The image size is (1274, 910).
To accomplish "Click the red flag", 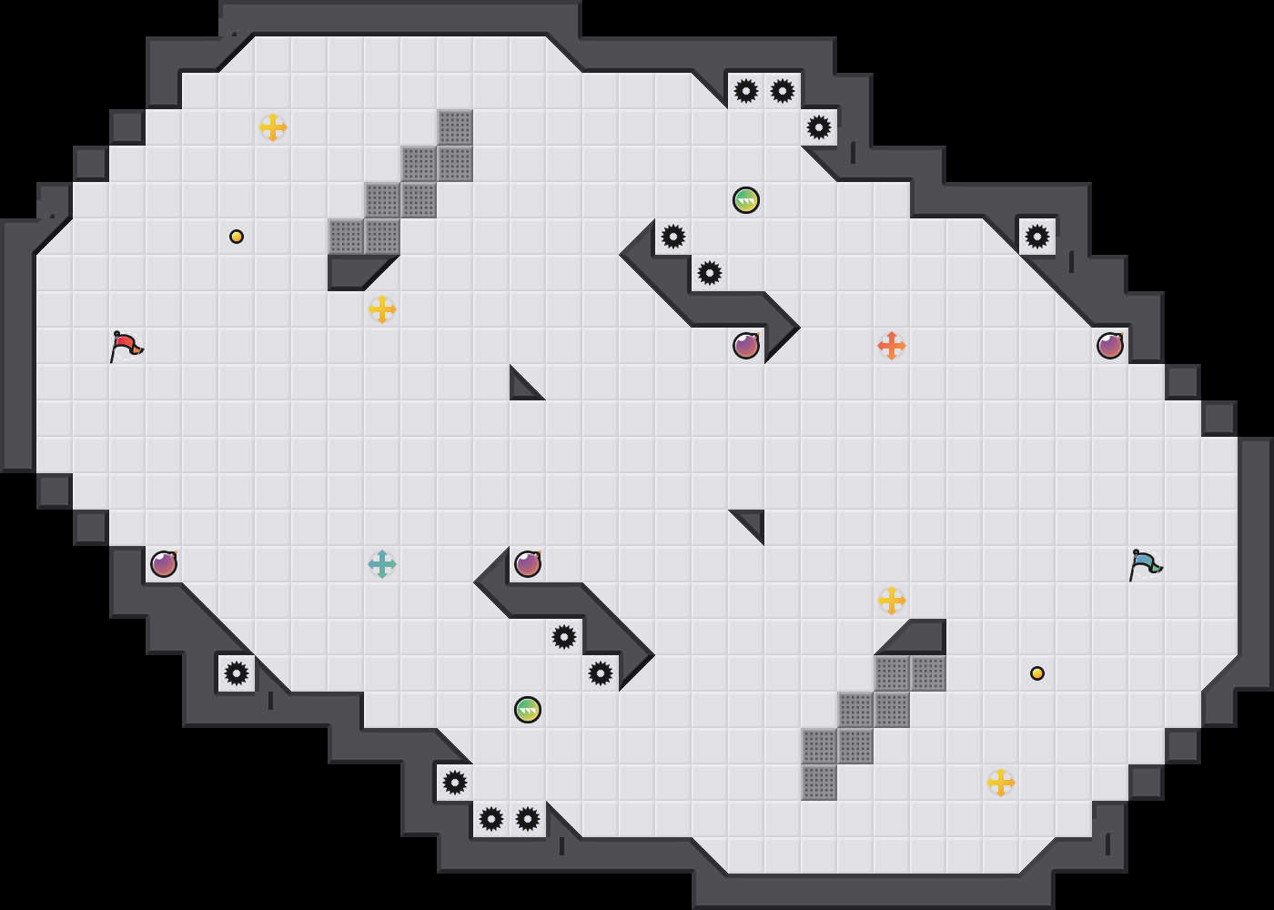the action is [x=126, y=346].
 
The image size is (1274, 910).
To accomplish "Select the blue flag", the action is [x=1145, y=564].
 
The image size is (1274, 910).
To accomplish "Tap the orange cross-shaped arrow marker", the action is [x=892, y=346].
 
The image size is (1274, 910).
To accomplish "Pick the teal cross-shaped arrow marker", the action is [x=382, y=564].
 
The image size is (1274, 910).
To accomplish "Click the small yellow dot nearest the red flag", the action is [x=237, y=237].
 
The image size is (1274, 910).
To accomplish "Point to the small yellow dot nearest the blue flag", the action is [x=1037, y=673].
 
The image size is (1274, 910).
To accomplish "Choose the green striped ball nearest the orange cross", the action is [x=746, y=200].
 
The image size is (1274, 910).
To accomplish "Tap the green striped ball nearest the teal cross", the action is [x=528, y=710].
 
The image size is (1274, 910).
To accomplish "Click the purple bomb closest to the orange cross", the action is [x=746, y=346].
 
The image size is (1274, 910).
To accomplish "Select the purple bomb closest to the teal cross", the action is [x=528, y=564].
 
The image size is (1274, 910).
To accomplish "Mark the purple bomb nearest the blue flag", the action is [x=1110, y=346].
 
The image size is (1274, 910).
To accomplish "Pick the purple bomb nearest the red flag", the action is [x=164, y=564].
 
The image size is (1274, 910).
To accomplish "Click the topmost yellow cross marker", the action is [x=273, y=127].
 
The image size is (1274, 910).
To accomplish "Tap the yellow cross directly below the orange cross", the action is [x=892, y=601].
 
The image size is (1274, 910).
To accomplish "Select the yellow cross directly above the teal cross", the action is [x=382, y=309].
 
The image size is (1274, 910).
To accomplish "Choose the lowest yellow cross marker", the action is [x=1001, y=783].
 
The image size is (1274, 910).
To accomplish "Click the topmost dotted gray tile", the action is [x=455, y=127].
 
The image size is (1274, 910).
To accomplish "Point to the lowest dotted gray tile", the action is [x=819, y=783].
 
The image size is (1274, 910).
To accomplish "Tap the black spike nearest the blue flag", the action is [x=1037, y=237].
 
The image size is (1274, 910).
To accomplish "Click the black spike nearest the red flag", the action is [x=237, y=673].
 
